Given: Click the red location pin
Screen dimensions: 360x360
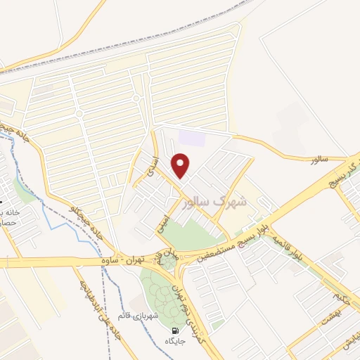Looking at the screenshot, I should (x=181, y=165).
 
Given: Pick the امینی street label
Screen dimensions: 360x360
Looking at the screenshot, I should (x=163, y=224).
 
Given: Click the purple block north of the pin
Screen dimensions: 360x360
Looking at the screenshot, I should (x=191, y=137).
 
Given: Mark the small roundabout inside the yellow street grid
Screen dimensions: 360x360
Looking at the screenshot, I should (x=79, y=113).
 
